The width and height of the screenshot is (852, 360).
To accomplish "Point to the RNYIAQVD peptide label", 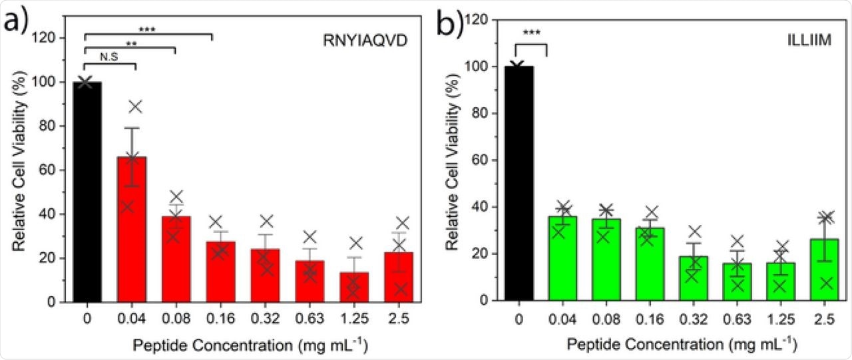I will tap(361, 47).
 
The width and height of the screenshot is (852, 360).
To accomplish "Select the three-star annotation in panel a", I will tap(147, 29).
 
